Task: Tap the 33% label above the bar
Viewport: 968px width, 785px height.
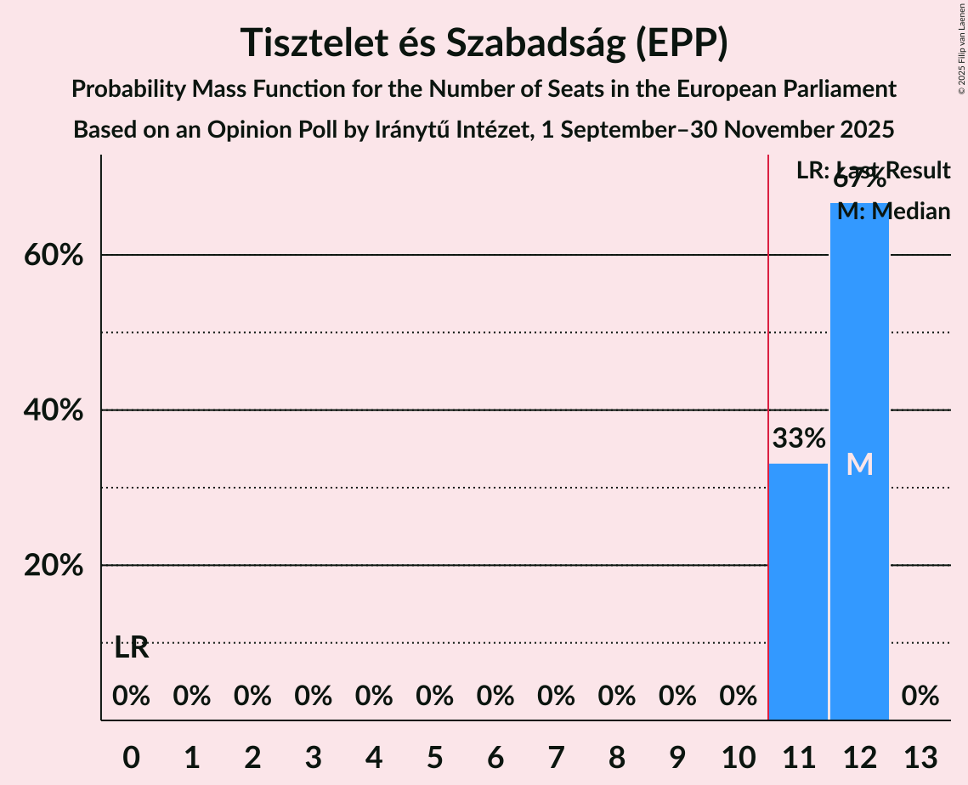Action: point(798,439)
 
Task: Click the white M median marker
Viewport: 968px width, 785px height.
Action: point(859,465)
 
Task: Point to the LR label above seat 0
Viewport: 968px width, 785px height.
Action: point(132,648)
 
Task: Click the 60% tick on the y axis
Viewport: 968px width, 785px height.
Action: point(54,255)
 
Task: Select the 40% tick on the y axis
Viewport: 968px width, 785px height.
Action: point(54,410)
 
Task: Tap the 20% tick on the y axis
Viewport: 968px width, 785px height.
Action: point(54,566)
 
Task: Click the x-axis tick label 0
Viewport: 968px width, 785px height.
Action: point(131,756)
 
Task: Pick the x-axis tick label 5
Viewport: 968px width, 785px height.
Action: point(434,756)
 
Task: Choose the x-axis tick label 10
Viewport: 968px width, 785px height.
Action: point(738,756)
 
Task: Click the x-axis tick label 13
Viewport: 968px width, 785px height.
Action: point(920,756)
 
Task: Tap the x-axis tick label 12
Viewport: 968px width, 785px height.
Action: point(859,756)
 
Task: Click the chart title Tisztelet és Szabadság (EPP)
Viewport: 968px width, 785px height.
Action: point(484,42)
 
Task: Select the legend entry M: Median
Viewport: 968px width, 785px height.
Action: point(893,212)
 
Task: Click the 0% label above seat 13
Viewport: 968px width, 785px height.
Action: point(920,697)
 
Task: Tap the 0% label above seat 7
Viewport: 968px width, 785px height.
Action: point(556,697)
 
